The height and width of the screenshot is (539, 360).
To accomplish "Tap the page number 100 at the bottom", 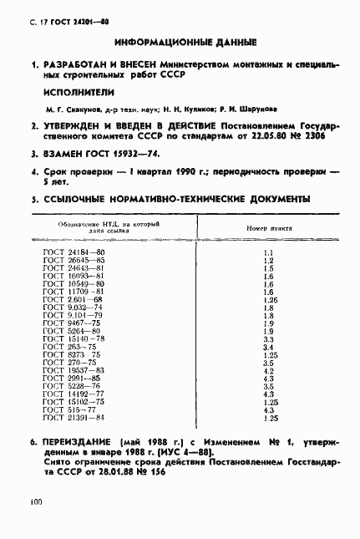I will (x=34, y=502).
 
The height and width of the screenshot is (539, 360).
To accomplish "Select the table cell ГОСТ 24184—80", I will (x=74, y=252).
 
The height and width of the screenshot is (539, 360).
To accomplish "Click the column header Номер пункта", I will (x=269, y=228).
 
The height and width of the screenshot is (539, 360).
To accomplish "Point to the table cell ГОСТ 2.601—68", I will (x=72, y=298).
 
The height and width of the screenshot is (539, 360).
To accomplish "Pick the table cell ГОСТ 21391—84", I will (x=74, y=416).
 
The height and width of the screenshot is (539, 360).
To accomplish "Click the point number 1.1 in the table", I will (x=269, y=252).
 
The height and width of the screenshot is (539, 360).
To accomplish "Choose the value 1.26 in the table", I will (x=269, y=298).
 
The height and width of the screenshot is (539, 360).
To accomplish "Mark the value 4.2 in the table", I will (x=269, y=369).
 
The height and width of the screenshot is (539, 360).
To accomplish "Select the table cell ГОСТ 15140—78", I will (x=74, y=338).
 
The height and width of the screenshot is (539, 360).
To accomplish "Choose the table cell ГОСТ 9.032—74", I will (x=72, y=307).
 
